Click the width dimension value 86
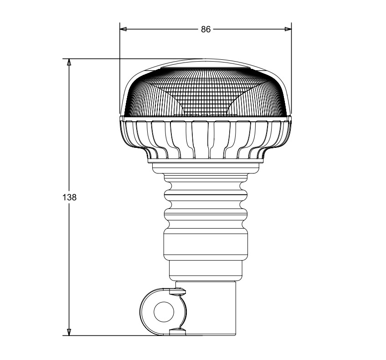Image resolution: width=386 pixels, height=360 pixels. click(206, 29)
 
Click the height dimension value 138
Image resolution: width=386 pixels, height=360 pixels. click(69, 198)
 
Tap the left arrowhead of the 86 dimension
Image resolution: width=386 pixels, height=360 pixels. click(123, 29)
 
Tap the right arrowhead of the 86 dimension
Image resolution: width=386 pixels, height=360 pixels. click(288, 29)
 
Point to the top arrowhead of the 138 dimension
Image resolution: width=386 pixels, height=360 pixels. click(69, 62)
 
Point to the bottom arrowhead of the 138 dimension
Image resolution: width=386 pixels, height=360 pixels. click(69, 332)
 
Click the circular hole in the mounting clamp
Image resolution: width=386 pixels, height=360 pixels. click(164, 312)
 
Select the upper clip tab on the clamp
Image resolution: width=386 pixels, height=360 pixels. click(177, 291)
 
